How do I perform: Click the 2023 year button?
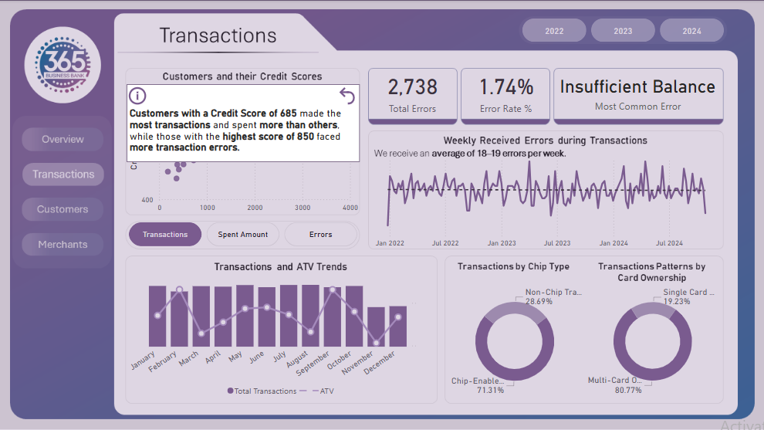point(623,31)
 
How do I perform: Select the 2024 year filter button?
point(691,31)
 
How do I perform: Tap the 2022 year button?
point(554,31)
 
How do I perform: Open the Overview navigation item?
point(63,140)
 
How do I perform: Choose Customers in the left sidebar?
point(63,209)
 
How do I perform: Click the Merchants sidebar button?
point(63,245)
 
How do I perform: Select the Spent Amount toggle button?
point(243,235)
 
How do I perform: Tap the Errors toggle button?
point(320,235)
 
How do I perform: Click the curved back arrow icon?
point(347,96)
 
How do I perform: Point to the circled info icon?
point(137,96)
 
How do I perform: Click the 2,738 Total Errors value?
point(413,87)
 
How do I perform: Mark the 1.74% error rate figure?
point(506,87)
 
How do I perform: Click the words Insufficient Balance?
point(637,86)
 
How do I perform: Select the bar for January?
point(157,316)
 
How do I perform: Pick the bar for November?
point(376,327)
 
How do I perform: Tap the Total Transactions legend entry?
point(262,391)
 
